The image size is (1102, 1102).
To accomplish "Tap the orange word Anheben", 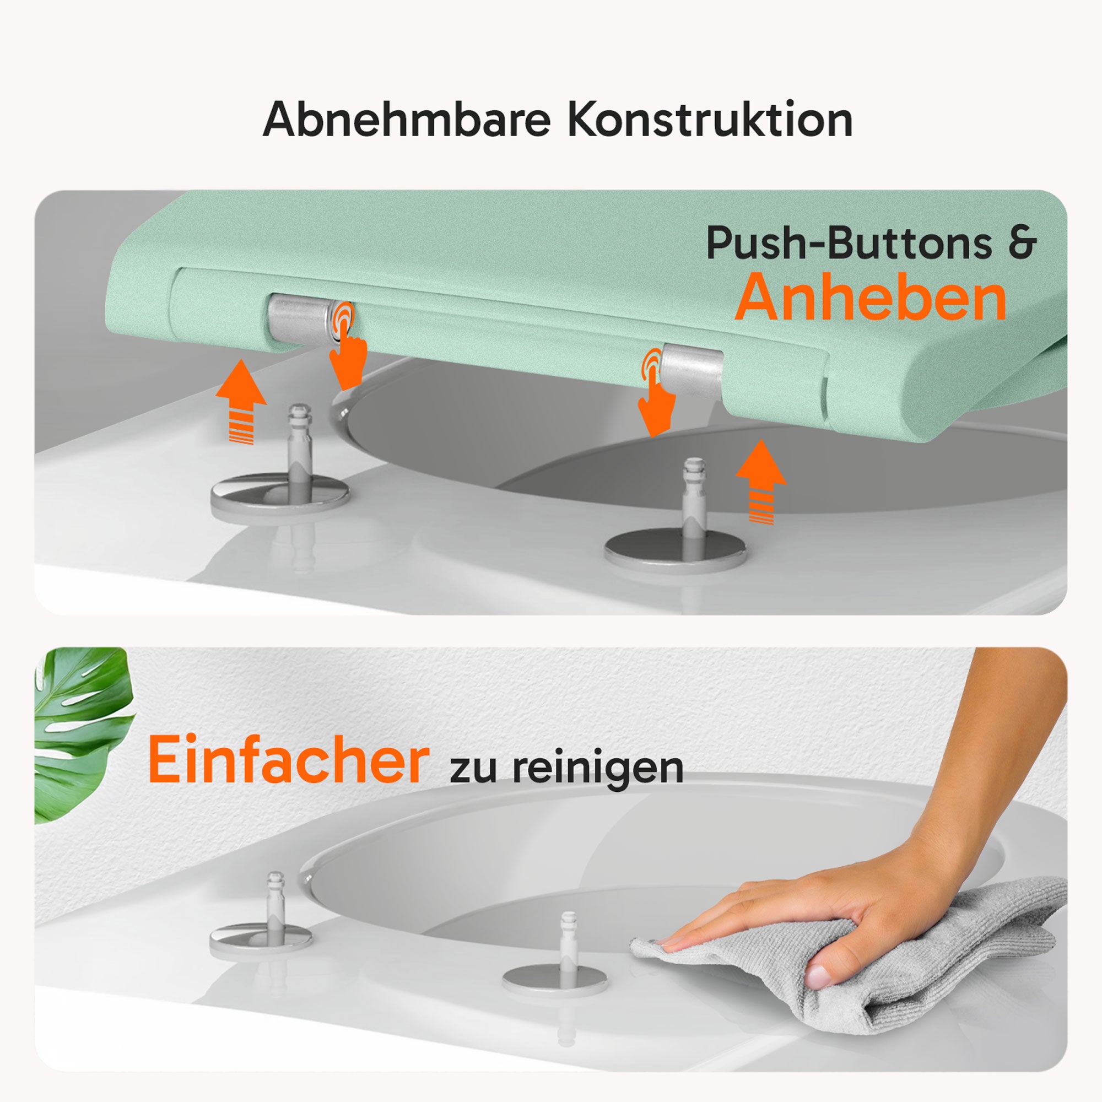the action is pos(871,298).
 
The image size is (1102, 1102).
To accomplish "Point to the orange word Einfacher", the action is pos(288,760).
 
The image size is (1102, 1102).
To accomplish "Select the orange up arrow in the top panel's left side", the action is pos(241,401).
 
